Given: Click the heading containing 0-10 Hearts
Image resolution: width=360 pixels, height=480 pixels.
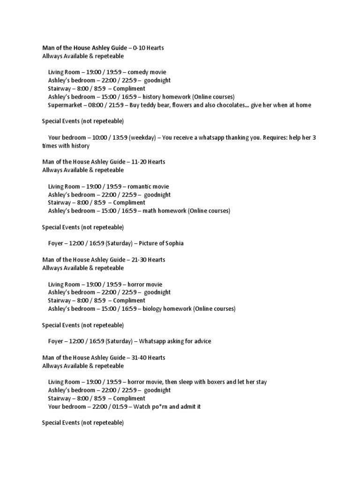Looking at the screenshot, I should click(x=103, y=48).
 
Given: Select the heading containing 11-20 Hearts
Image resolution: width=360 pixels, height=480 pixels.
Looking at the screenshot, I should click(x=104, y=162).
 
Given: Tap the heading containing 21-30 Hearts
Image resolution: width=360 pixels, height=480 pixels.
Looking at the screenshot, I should click(x=104, y=260).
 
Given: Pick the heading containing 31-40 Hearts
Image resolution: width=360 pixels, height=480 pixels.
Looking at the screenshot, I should click(x=104, y=358).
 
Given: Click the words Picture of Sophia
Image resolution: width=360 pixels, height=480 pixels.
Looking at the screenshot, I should click(x=162, y=243).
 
